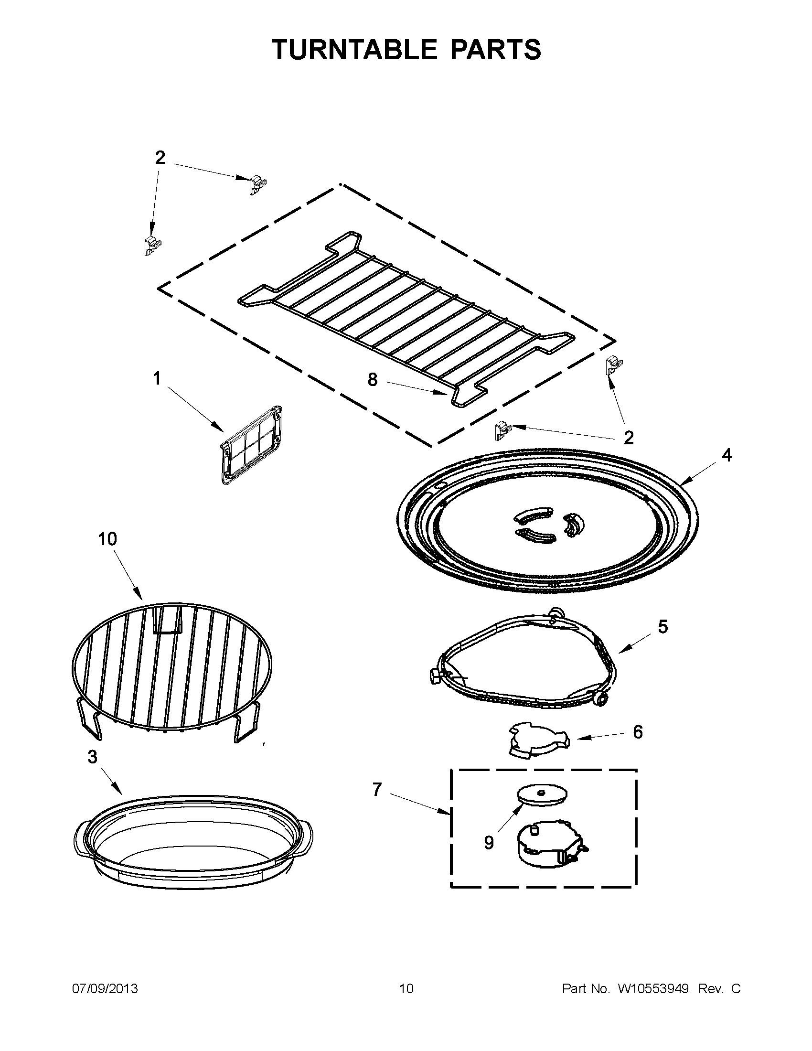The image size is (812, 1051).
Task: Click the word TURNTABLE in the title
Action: point(354,49)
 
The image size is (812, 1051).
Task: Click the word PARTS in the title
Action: point(495,49)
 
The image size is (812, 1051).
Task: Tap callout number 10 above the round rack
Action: point(107,539)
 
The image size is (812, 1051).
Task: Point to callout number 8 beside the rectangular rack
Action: point(373,380)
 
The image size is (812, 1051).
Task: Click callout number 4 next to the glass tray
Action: point(727,455)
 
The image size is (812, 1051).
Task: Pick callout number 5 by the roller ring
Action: point(662,627)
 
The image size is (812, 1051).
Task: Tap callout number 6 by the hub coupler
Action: point(637,732)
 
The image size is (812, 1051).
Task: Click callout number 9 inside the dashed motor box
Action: point(489,843)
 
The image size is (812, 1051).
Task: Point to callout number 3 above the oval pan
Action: point(92,757)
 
